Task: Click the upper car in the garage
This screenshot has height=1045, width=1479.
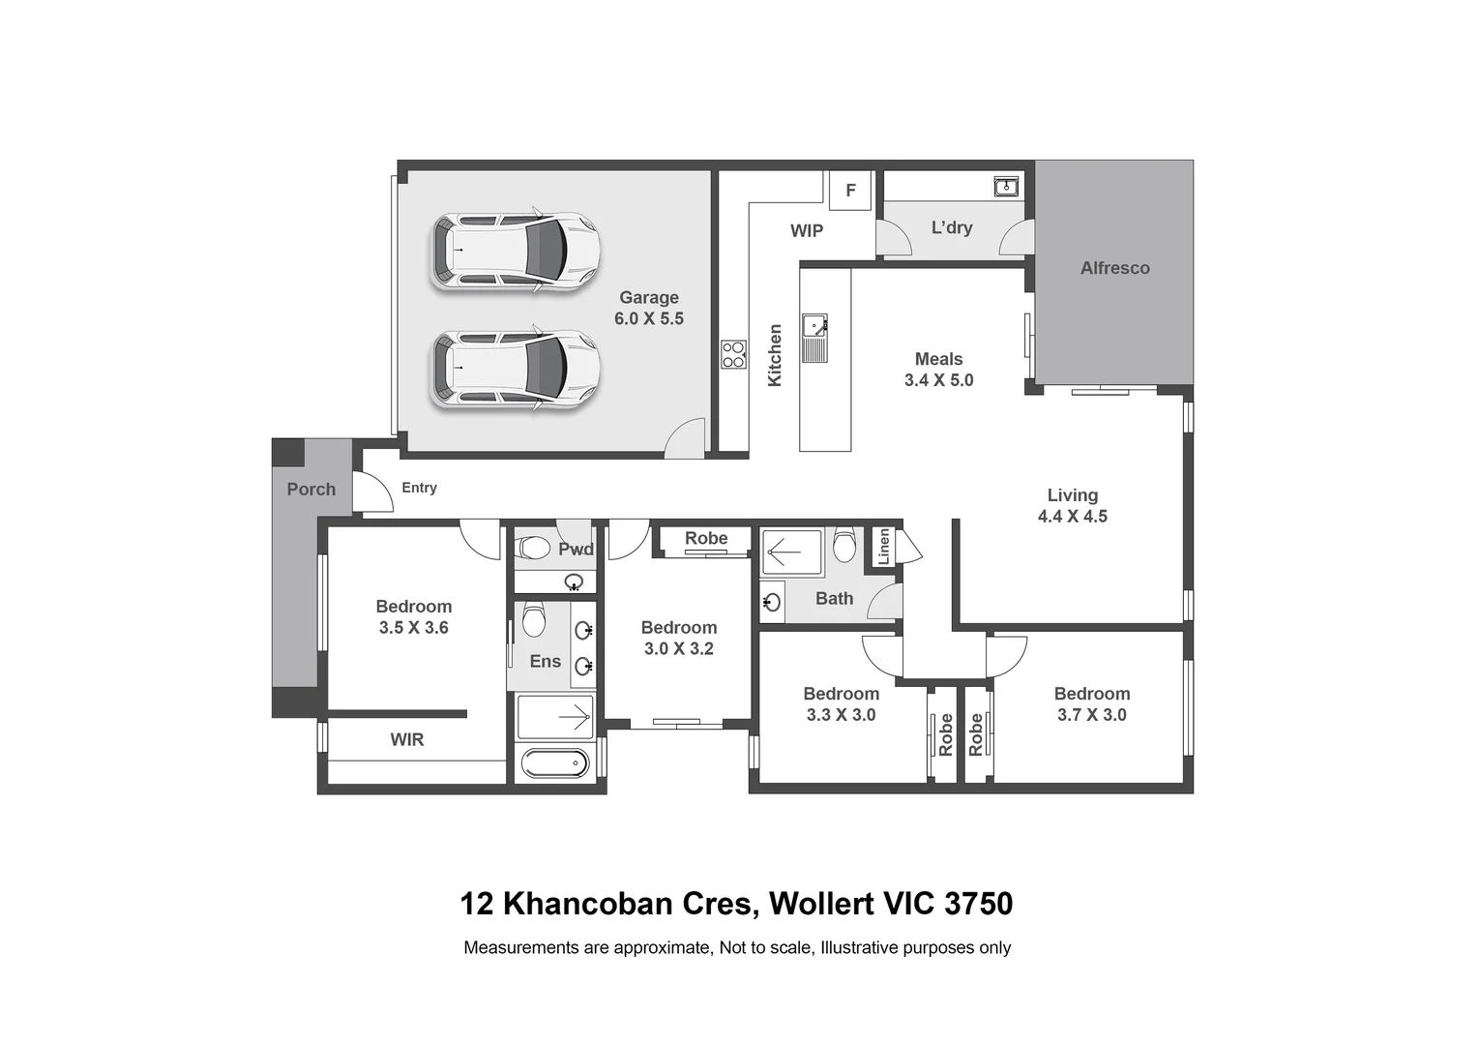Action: tap(515, 251)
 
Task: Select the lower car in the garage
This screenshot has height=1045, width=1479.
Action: tap(515, 370)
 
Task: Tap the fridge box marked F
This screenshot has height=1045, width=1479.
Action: tap(850, 191)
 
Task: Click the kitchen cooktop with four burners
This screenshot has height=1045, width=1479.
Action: tap(733, 354)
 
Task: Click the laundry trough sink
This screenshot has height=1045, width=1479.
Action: tap(1006, 186)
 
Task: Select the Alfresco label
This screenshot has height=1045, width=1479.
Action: tap(1114, 268)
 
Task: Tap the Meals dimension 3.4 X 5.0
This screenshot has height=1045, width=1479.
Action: tap(938, 380)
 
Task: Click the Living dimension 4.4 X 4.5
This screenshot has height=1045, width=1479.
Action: tap(1072, 517)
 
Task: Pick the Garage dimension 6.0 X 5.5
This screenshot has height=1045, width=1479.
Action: tap(648, 318)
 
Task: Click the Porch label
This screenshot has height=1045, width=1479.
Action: tap(311, 490)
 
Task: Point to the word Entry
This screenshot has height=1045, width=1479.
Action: tap(419, 488)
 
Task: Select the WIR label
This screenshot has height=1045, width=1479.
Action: tap(406, 739)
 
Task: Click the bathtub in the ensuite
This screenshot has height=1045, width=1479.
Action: tap(553, 763)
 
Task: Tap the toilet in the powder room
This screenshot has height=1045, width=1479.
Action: tap(534, 548)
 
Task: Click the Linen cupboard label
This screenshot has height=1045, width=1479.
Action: tap(883, 547)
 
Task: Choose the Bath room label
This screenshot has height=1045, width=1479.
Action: tap(834, 599)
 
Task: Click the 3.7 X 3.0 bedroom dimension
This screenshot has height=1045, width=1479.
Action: tap(1091, 715)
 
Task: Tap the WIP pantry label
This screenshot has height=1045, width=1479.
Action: tap(806, 230)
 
